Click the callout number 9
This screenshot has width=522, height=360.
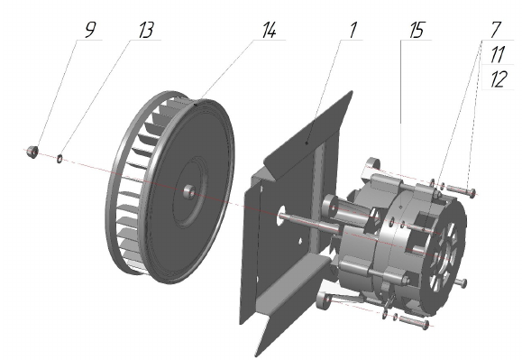(90, 30)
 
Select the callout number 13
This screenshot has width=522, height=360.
(146, 31)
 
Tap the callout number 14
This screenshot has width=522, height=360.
(269, 31)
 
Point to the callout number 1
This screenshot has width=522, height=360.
(353, 30)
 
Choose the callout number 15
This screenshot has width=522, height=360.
(417, 31)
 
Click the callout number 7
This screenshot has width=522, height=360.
(495, 30)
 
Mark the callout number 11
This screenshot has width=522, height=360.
(497, 54)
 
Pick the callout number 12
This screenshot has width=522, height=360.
(498, 79)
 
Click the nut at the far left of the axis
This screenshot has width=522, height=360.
(32, 152)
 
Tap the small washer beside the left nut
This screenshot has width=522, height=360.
(60, 159)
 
